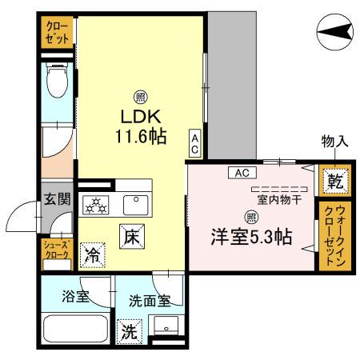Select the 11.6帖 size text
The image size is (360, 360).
tap(139, 137)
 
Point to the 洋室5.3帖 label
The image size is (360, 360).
tap(250, 237)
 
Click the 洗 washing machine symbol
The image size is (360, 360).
tap(129, 331)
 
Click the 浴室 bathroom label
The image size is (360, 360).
tap(76, 297)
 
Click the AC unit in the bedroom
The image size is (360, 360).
tap(243, 171)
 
